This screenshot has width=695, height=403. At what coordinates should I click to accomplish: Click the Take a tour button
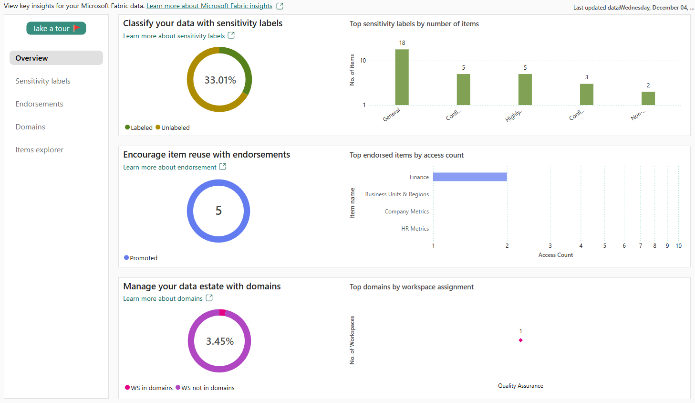tap(56, 29)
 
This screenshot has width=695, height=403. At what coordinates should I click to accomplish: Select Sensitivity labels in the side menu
tap(43, 81)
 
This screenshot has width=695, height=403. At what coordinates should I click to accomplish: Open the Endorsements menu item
tap(39, 104)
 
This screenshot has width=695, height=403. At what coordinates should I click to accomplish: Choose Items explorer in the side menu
tap(39, 150)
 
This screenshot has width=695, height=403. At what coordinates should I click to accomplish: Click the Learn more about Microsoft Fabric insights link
tap(209, 6)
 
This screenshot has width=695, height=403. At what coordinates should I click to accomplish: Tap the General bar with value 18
tap(402, 77)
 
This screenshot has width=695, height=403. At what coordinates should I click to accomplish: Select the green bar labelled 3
tap(587, 95)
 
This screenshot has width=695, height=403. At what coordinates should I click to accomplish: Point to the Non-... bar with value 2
tap(648, 98)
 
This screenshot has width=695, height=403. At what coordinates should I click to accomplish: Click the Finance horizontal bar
tap(470, 177)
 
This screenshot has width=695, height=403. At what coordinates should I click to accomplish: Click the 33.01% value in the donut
tap(220, 80)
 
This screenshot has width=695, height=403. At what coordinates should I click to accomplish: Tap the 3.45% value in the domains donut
tap(219, 341)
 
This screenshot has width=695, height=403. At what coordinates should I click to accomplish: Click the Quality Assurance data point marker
tap(520, 340)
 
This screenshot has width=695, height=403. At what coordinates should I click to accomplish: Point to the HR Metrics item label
tap(415, 229)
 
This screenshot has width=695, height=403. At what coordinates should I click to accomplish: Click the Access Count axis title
tap(556, 255)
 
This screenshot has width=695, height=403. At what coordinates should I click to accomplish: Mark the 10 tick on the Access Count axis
tap(678, 246)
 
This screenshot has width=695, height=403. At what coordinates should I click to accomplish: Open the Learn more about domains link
tap(163, 299)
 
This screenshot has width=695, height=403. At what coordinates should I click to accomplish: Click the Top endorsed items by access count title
tap(406, 155)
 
